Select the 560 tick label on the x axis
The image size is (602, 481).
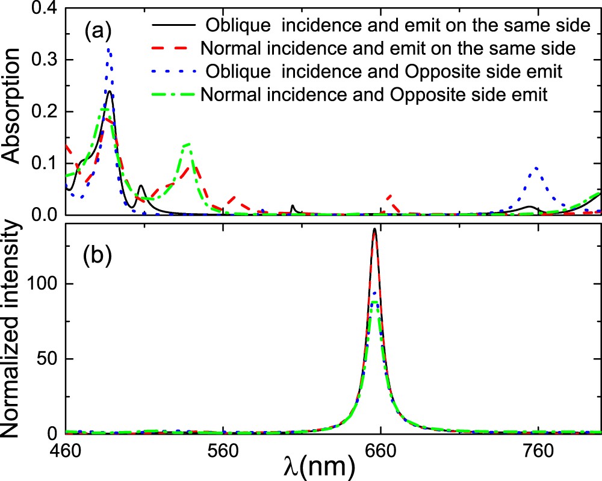pyautogui.click(x=223, y=450)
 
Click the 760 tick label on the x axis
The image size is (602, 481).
pyautogui.click(x=539, y=450)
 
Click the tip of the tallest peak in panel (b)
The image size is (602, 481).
pyautogui.click(x=374, y=229)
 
